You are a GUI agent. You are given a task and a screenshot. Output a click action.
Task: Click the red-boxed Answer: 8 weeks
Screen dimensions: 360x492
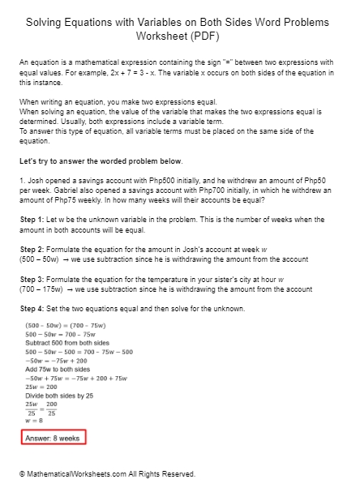pyautogui.click(x=53, y=438)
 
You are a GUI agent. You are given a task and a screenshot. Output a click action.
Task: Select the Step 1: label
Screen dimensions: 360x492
pyautogui.click(x=34, y=220)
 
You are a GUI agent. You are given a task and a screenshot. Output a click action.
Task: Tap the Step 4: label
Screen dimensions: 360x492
pyautogui.click(x=34, y=309)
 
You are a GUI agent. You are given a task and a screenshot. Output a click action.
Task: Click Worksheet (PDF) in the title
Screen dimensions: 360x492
pyautogui.click(x=179, y=37)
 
